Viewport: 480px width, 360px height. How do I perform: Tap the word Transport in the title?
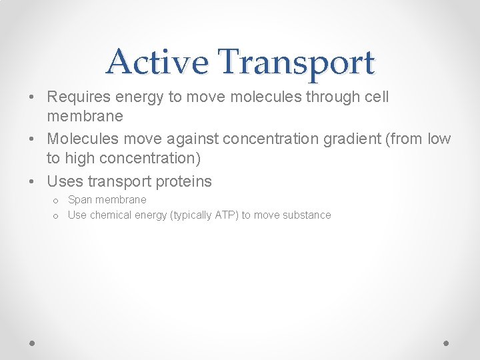point(296,63)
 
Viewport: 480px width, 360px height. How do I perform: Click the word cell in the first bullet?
point(376,97)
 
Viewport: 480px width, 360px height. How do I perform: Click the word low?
point(439,139)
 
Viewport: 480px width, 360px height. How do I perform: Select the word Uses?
point(65,181)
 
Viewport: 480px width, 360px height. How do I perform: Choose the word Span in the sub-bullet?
point(80,200)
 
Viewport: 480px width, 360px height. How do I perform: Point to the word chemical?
point(110,215)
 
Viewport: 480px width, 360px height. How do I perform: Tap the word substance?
point(309,215)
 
